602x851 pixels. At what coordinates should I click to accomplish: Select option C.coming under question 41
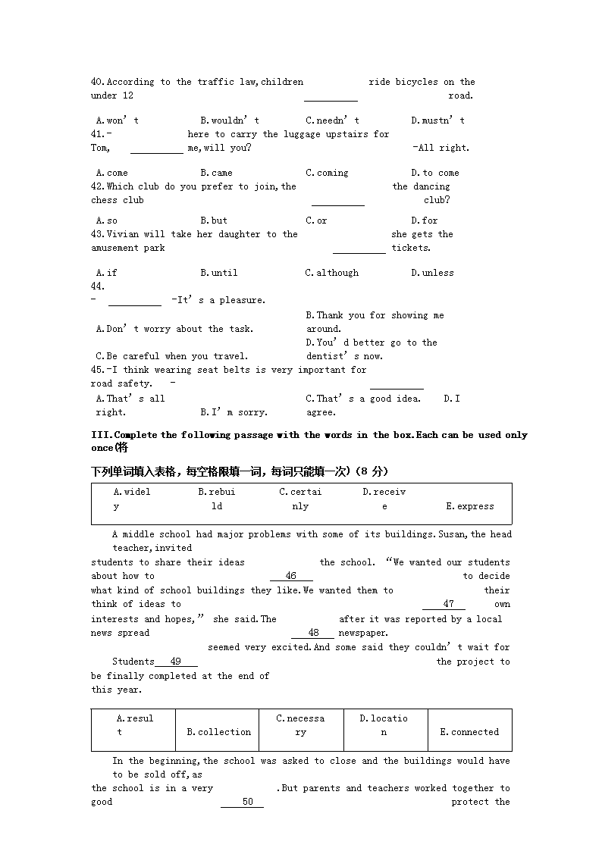[x=327, y=173]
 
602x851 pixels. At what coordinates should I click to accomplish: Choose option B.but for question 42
[x=214, y=221]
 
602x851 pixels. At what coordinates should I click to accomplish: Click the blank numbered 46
[x=291, y=576]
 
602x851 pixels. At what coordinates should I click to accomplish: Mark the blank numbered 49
[x=176, y=662]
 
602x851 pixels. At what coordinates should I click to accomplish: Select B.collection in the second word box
[x=218, y=732]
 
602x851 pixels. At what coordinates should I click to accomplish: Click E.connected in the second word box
[x=469, y=732]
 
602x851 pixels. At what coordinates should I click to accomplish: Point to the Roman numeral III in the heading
[x=100, y=435]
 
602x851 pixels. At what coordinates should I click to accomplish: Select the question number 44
[x=97, y=286]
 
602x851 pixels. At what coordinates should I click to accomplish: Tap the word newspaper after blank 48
[x=362, y=633]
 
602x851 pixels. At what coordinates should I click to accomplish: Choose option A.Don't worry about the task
[x=175, y=329]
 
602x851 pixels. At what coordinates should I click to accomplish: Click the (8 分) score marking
[x=371, y=471]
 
